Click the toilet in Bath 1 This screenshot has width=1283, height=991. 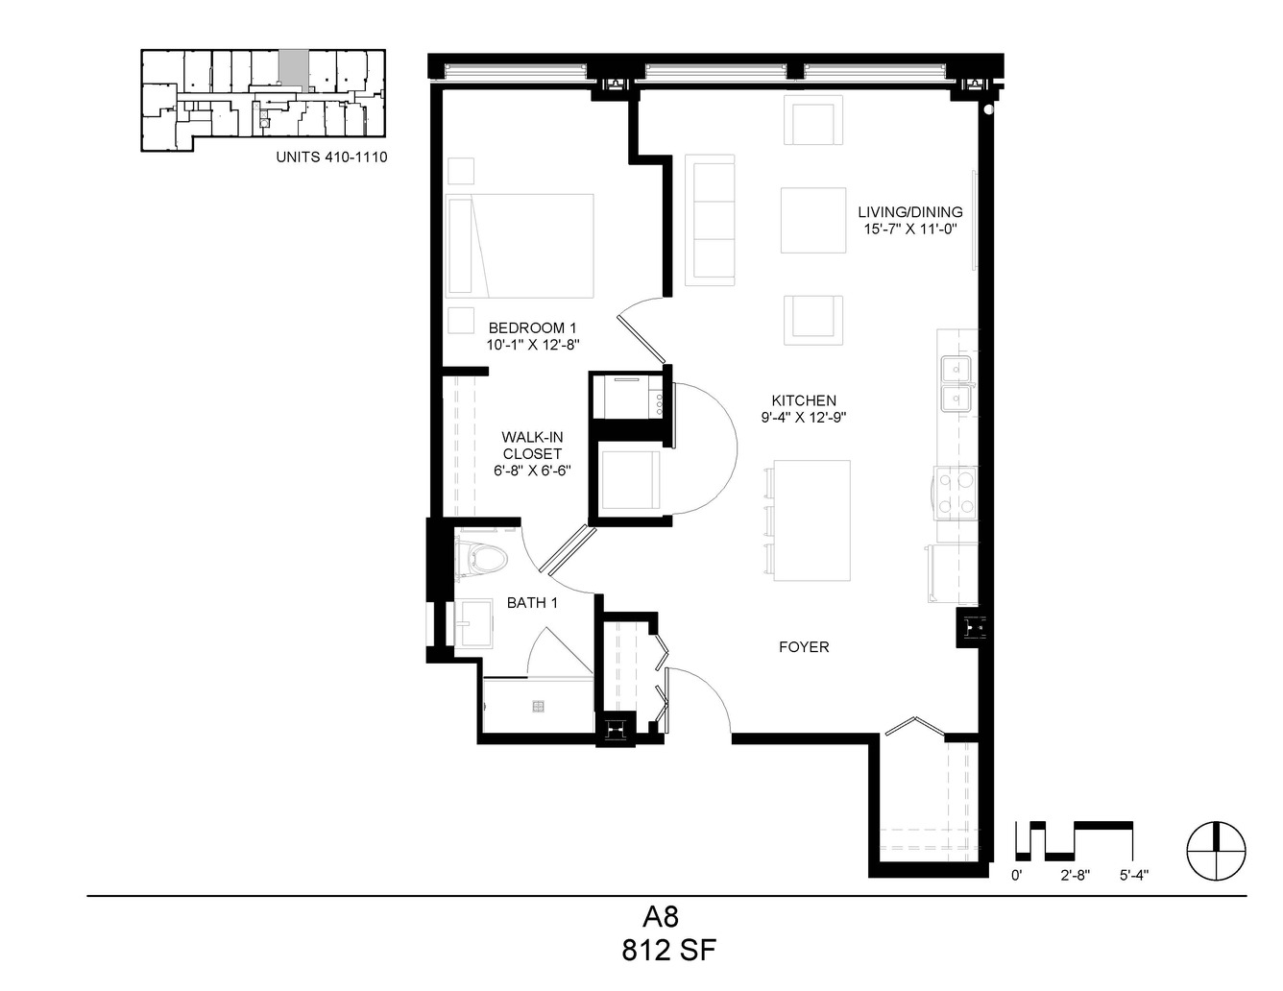pyautogui.click(x=481, y=557)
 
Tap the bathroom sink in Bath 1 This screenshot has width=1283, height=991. pyautogui.click(x=473, y=623)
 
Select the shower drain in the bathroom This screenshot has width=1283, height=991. pyautogui.click(x=537, y=706)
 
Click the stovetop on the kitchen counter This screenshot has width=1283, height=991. pyautogui.click(x=955, y=493)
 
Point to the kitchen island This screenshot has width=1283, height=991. pyautogui.click(x=811, y=520)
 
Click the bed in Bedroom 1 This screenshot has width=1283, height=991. pyautogui.click(x=520, y=246)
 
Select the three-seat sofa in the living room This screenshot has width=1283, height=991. pyautogui.click(x=710, y=220)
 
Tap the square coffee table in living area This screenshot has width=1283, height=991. pyautogui.click(x=813, y=220)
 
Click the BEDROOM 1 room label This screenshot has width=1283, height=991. pyautogui.click(x=532, y=327)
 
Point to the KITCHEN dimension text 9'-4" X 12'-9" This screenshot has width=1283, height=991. pyautogui.click(x=804, y=418)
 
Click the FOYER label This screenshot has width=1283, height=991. pyautogui.click(x=804, y=647)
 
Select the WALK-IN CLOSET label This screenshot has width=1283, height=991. pyautogui.click(x=532, y=446)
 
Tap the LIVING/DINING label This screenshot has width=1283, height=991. pyautogui.click(x=909, y=212)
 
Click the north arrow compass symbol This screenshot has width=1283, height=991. pyautogui.click(x=1217, y=851)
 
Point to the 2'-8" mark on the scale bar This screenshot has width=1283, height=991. pyautogui.click(x=1075, y=876)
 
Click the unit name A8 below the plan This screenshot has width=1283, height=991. pyautogui.click(x=661, y=917)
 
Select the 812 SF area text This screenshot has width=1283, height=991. pyautogui.click(x=668, y=951)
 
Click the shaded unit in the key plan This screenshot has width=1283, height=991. pyautogui.click(x=294, y=70)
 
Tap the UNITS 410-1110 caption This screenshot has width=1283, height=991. pyautogui.click(x=332, y=157)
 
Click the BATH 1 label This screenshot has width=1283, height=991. pyautogui.click(x=532, y=603)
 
